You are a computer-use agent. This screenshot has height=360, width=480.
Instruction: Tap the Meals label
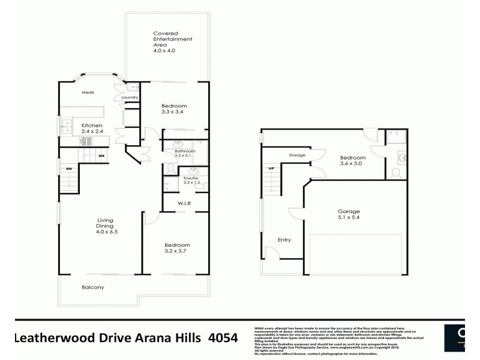pyautogui.click(x=88, y=93)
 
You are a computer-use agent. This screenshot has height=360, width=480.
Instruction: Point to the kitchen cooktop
pyautogui.click(x=85, y=141)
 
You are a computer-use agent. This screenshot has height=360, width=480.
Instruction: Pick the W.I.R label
pyautogui.click(x=184, y=203)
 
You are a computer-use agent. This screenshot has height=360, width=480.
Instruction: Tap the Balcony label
pyautogui.click(x=93, y=287)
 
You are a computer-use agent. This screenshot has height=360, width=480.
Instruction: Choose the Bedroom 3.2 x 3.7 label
pyautogui.click(x=178, y=248)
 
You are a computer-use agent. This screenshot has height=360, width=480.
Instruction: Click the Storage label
pyautogui.click(x=297, y=155)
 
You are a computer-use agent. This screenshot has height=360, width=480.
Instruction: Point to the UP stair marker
pyautogui.click(x=271, y=168)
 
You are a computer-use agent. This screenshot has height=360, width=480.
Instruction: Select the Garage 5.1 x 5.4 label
pyautogui.click(x=348, y=215)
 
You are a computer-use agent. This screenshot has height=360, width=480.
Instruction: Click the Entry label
pyautogui.click(x=284, y=240)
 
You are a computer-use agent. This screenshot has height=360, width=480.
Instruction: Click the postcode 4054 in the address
pyautogui.click(x=223, y=337)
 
